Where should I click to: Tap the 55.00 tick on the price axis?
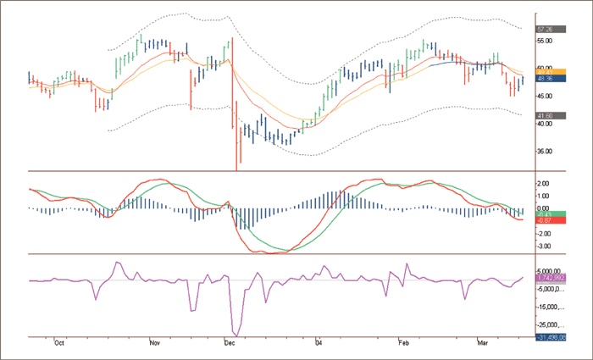[x=546, y=40]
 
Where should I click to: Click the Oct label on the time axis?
[x=59, y=344]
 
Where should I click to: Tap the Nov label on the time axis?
[x=154, y=344]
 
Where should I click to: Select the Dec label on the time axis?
[x=229, y=344]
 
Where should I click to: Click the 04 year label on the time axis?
[x=319, y=344]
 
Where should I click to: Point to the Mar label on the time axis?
[x=483, y=344]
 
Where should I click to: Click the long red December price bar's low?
[x=235, y=169]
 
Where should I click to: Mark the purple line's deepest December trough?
[x=236, y=334]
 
